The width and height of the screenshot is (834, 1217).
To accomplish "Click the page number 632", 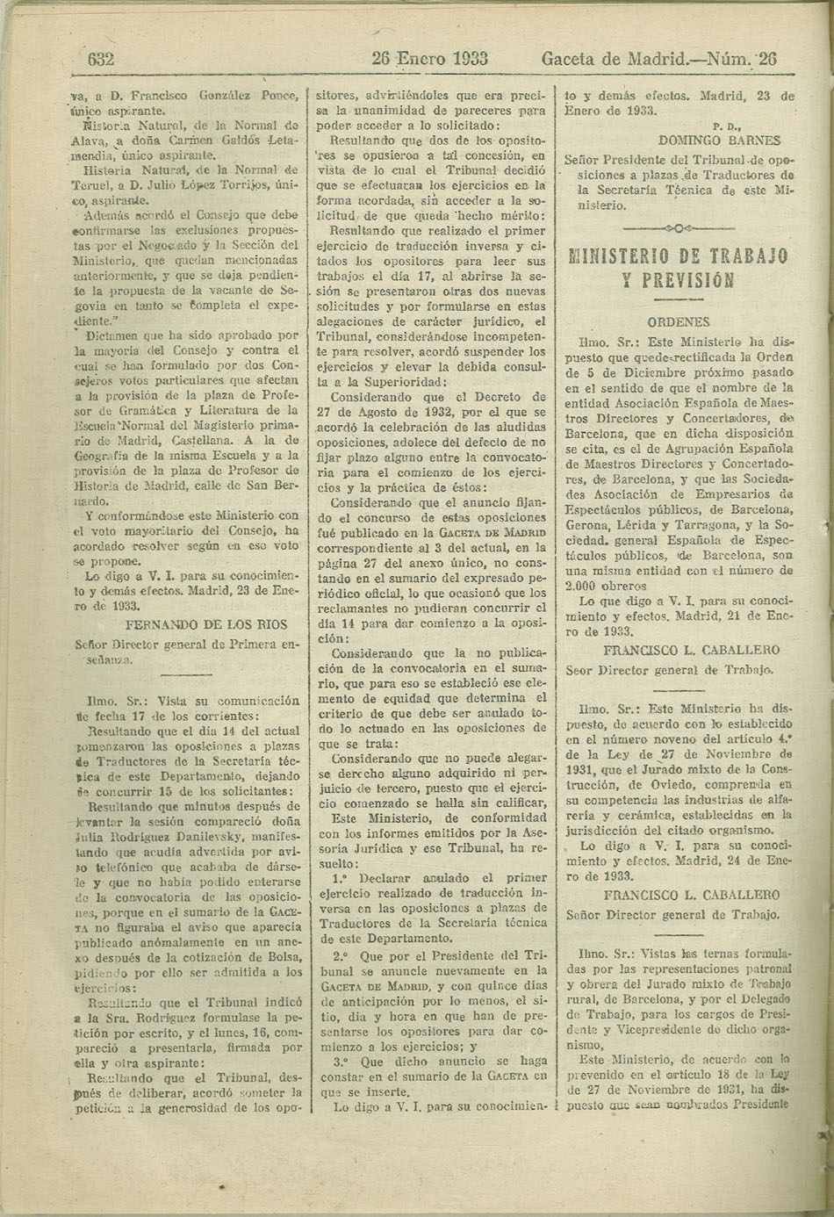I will coord(102,60).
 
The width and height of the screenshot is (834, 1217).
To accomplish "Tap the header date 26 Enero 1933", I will coord(430,60).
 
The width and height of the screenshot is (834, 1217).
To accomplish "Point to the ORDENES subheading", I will coord(678,322).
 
